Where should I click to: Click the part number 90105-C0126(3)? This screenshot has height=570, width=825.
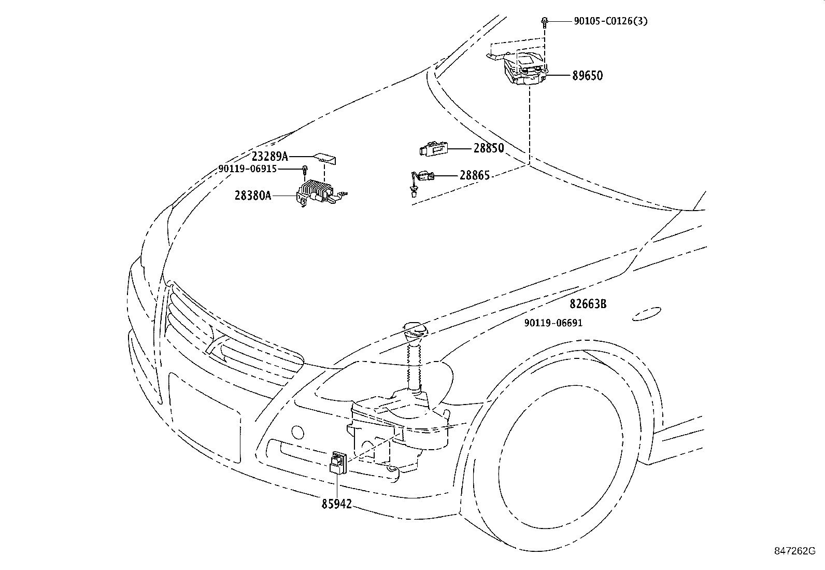(x=610, y=21)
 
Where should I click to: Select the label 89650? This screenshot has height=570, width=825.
(x=588, y=76)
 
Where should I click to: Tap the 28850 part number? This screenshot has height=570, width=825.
(x=489, y=148)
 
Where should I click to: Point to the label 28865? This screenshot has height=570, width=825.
(x=475, y=175)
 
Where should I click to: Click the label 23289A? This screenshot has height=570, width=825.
(x=270, y=156)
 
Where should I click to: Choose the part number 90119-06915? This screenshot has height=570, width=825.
(x=248, y=169)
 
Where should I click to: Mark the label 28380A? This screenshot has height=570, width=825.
(x=253, y=196)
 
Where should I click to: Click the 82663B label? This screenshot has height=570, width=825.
(x=588, y=304)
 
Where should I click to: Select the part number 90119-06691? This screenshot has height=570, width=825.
(x=553, y=323)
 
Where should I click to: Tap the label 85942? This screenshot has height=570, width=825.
(x=337, y=504)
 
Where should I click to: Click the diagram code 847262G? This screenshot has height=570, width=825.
(x=795, y=551)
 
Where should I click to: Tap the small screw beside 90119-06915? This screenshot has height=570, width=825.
(x=305, y=170)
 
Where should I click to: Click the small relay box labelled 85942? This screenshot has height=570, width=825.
(x=338, y=462)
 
